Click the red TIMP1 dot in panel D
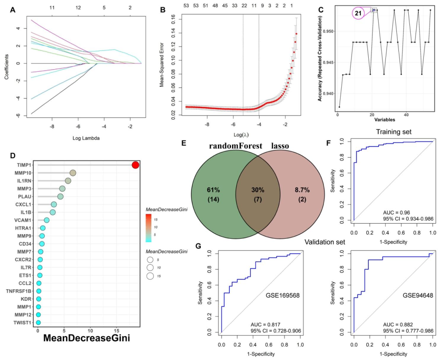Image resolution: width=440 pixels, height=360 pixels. click(136, 165)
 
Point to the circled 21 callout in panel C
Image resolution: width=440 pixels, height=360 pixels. click(358, 13)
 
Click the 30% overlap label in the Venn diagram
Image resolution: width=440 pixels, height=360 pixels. click(258, 190)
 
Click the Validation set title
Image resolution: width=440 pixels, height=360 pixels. click(325, 242)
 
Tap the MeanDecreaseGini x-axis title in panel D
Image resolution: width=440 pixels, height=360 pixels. click(87, 338)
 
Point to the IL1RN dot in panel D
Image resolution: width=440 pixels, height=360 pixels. click(68, 181)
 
